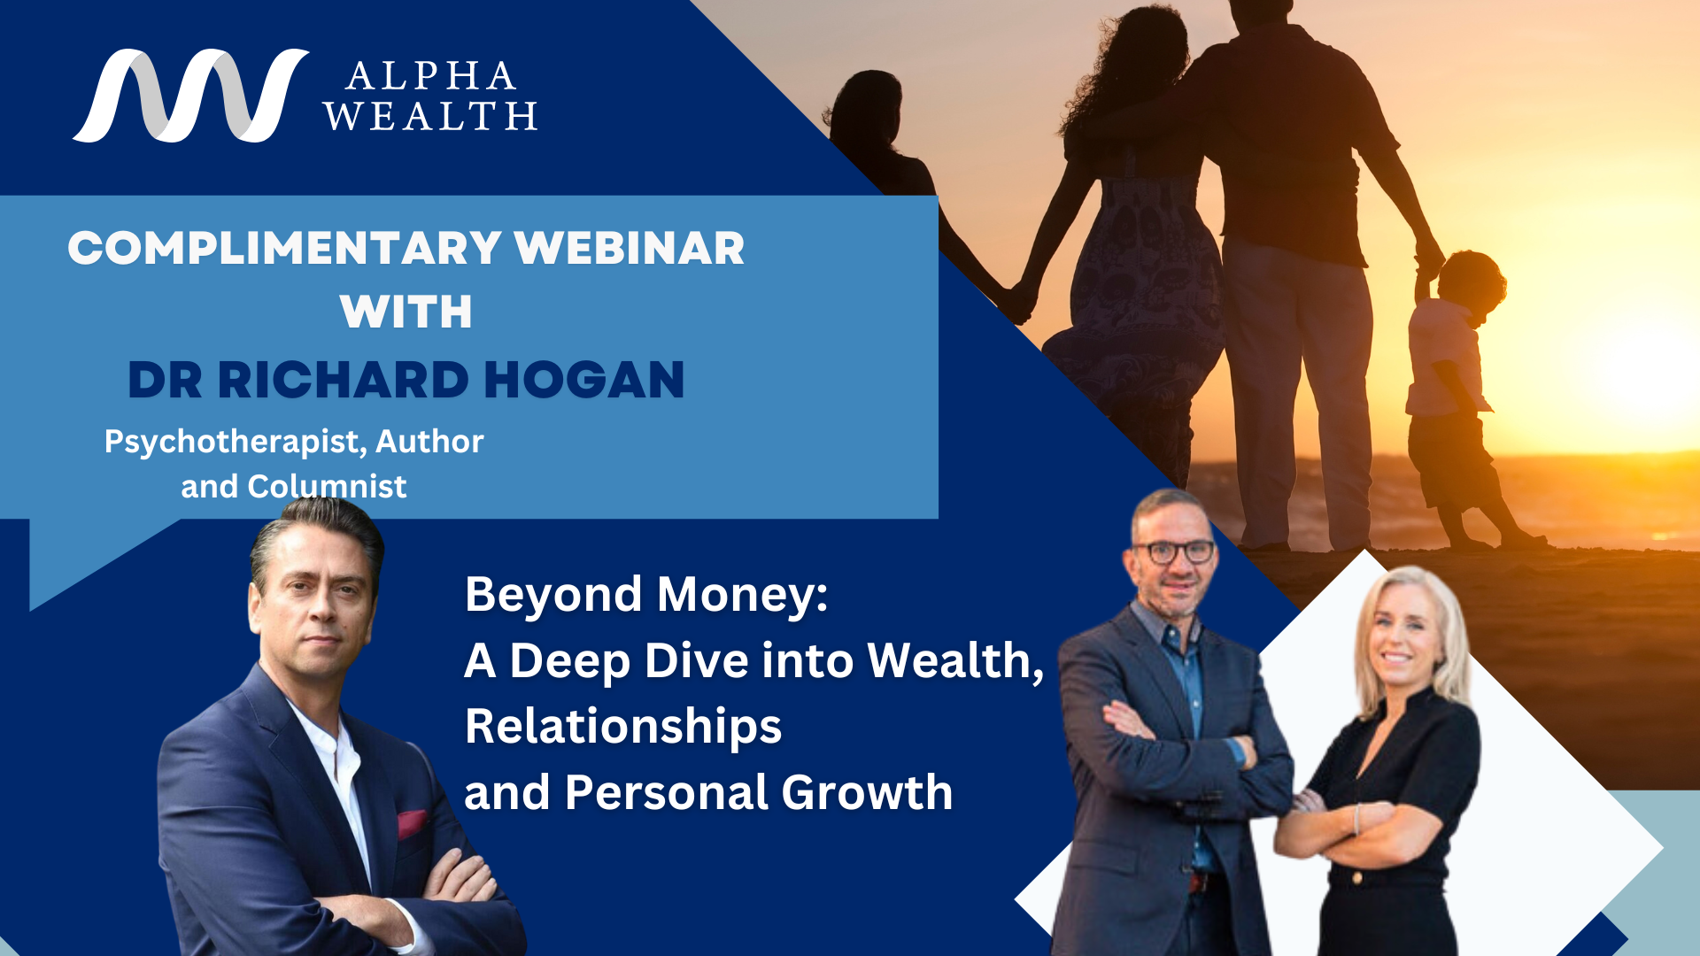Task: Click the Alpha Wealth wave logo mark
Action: tap(190, 96)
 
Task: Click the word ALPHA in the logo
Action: tap(431, 77)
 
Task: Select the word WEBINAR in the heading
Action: tap(630, 248)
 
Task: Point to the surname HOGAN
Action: tap(584, 381)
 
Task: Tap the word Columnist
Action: tap(327, 486)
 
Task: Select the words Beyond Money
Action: tap(646, 594)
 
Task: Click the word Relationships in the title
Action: tap(623, 727)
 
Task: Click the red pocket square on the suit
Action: tap(412, 823)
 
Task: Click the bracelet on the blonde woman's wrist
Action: tap(1356, 819)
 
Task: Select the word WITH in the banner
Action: tap(406, 312)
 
